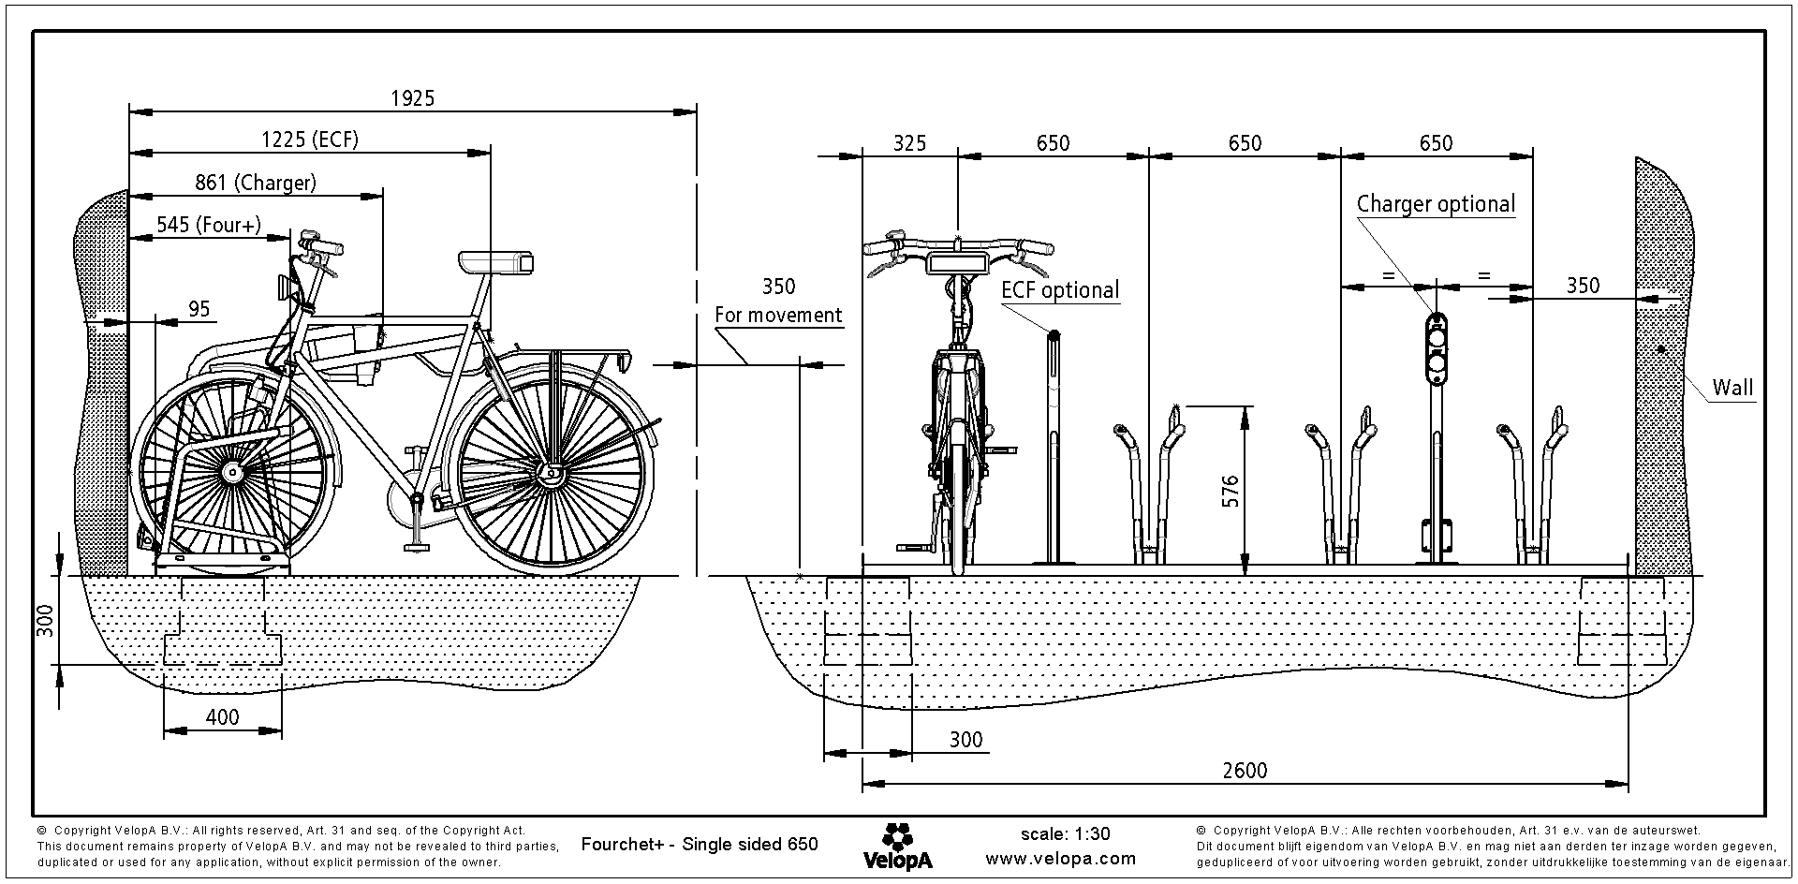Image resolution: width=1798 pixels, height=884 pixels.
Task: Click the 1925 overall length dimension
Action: pyautogui.click(x=412, y=98)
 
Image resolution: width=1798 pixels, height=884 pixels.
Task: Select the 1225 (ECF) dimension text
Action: pyautogui.click(x=309, y=140)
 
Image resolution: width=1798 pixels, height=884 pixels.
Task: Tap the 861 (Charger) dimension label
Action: pyautogui.click(x=256, y=183)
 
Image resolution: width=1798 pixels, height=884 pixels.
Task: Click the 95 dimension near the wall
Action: pyautogui.click(x=199, y=309)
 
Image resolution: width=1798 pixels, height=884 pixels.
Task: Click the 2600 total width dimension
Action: pyautogui.click(x=1245, y=770)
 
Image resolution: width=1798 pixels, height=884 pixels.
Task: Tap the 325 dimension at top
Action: pyautogui.click(x=909, y=143)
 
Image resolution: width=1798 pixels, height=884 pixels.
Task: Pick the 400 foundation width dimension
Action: pyautogui.click(x=222, y=717)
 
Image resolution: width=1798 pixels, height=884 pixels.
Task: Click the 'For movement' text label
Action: pyautogui.click(x=778, y=315)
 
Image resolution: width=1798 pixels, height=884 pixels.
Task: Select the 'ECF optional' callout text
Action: pyautogui.click(x=1060, y=290)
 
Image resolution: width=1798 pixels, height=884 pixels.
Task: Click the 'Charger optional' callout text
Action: pyautogui.click(x=1436, y=204)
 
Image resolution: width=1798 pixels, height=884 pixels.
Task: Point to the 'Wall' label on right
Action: pyautogui.click(x=1732, y=388)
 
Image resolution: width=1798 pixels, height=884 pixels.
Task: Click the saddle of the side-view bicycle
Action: pyautogui.click(x=495, y=261)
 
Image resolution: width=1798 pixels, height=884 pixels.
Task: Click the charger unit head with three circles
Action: pyautogui.click(x=1436, y=348)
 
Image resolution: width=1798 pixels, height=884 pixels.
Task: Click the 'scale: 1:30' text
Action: pyautogui.click(x=1065, y=834)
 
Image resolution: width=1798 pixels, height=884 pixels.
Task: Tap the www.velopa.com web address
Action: pyautogui.click(x=1060, y=858)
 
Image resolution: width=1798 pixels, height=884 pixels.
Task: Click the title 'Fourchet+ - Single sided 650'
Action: pyautogui.click(x=700, y=845)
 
